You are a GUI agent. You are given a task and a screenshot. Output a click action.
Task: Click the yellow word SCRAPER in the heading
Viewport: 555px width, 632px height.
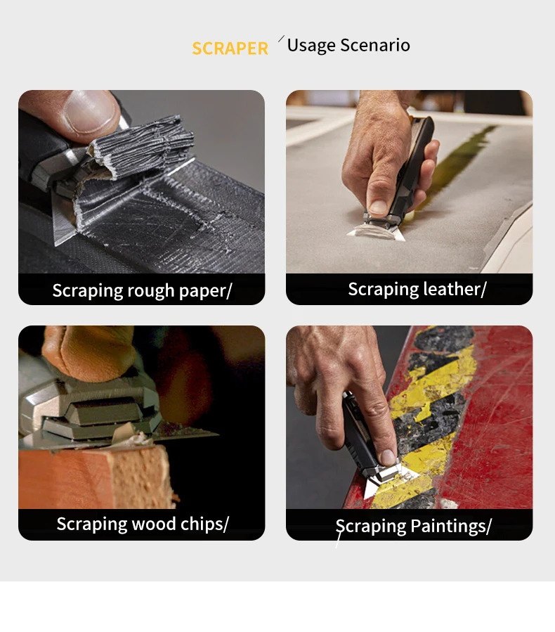coord(230,49)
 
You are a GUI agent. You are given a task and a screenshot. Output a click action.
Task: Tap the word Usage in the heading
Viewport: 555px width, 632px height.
coord(311,46)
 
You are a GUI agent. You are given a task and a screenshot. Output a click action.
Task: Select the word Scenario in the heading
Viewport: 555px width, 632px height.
coord(375,45)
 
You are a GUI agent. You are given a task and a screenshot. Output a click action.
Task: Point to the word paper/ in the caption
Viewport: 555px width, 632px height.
coord(205,291)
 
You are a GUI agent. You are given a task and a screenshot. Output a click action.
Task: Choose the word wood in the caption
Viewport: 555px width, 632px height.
coord(154,524)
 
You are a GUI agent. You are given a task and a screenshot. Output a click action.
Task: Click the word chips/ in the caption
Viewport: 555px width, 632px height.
coord(204,524)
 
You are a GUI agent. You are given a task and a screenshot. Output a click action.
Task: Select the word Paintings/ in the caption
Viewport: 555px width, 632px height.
coord(451,527)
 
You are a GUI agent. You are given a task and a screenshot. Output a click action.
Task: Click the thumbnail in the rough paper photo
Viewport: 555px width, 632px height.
coord(91,111)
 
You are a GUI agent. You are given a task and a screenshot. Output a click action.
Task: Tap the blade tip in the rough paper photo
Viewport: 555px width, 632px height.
coord(56,243)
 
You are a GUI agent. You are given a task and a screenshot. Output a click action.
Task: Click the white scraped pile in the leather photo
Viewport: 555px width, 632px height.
coord(372,232)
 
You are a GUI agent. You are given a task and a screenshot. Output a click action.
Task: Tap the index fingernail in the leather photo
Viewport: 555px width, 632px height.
coord(378,207)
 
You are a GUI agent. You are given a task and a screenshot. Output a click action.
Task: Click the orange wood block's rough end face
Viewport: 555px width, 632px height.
coord(141,477)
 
